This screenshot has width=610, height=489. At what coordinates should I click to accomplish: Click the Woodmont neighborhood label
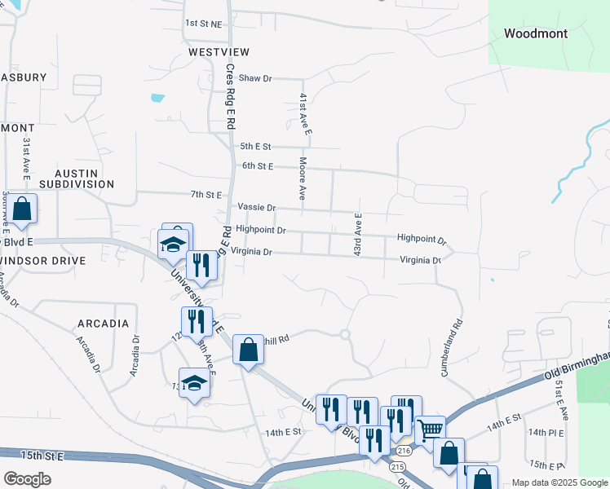(535, 33)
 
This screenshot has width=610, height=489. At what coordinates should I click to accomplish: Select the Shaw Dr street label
(254, 78)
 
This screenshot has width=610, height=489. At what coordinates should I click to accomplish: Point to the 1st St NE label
(203, 24)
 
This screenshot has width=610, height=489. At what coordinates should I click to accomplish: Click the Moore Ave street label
(302, 178)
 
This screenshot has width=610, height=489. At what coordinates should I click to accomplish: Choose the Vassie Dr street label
(257, 208)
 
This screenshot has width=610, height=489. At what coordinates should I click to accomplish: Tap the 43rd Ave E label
(357, 236)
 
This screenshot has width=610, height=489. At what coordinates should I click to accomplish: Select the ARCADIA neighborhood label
(103, 324)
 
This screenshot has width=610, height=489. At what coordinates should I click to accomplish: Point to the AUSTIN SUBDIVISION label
(84, 179)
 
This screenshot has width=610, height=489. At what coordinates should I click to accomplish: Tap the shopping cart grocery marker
(430, 430)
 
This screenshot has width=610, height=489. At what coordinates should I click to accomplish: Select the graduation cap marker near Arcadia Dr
(194, 382)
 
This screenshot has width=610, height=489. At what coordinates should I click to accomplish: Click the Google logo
(27, 479)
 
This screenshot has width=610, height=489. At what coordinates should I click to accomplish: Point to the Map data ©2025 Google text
(559, 482)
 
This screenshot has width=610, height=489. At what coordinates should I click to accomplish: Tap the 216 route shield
(404, 450)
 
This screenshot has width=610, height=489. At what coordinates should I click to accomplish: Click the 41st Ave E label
(304, 113)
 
